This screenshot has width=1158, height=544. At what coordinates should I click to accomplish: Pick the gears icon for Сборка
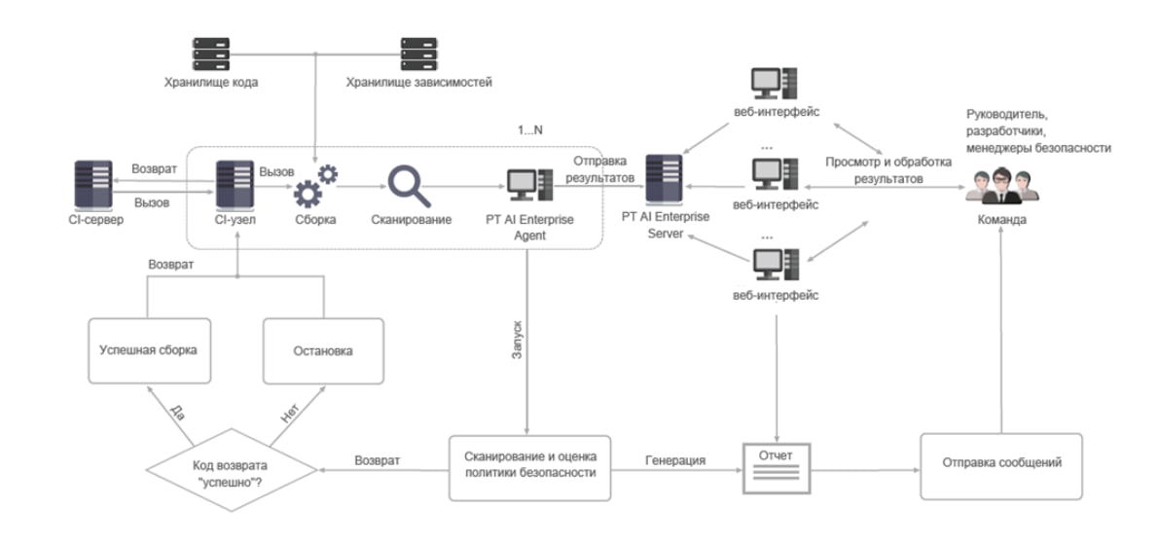(314, 184)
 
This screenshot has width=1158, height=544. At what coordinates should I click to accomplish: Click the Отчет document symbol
(776, 464)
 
